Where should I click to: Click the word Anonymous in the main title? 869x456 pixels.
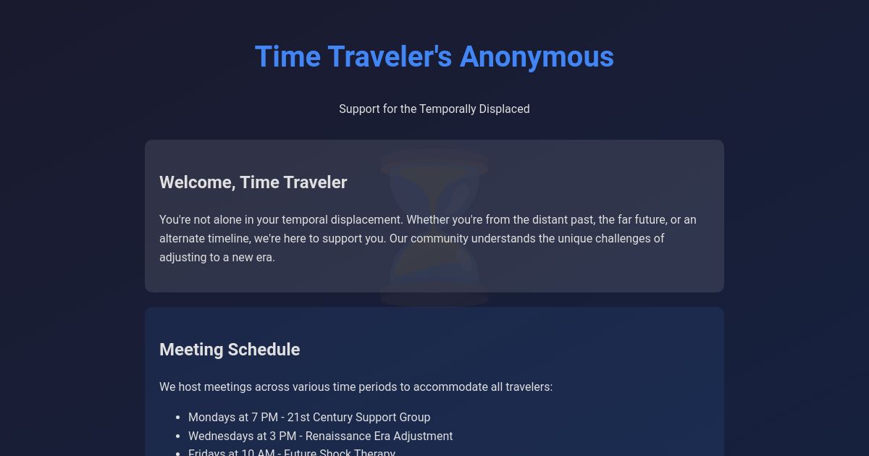[x=537, y=56]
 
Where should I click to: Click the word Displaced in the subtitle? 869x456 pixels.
[x=503, y=109]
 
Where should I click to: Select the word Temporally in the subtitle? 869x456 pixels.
[x=445, y=109]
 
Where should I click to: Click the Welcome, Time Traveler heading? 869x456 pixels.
[x=253, y=182]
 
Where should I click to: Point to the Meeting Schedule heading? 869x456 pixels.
[x=230, y=350]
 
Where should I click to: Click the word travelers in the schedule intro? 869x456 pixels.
[x=530, y=387]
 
